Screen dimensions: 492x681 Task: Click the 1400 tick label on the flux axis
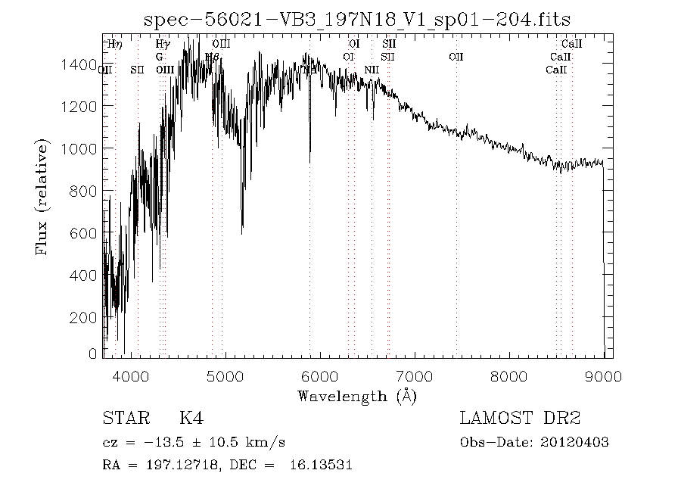coord(78,64)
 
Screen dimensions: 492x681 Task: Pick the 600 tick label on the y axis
coord(82,234)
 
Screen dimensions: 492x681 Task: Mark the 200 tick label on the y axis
coord(82,318)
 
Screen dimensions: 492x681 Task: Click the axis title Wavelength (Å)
coord(357,395)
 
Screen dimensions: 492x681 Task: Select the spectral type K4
coord(190,418)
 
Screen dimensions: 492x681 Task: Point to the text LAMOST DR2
coord(520,418)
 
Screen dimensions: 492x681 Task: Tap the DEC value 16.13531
coord(321,466)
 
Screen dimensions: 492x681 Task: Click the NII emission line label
coord(372,70)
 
